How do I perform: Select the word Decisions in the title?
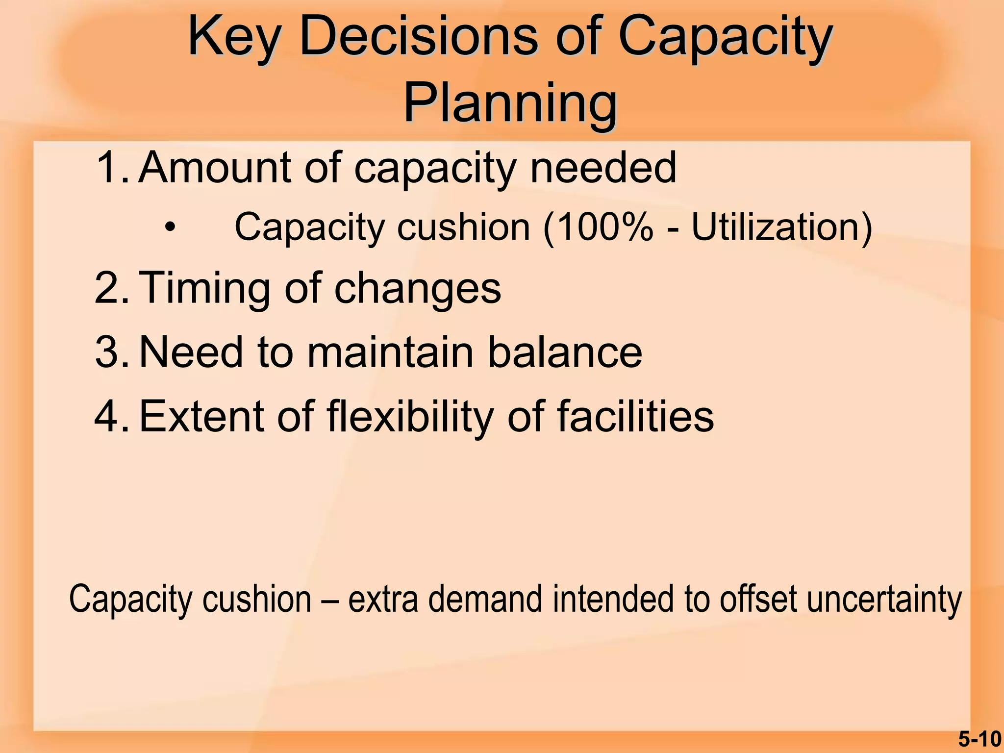pyautogui.click(x=419, y=37)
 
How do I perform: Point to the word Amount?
pyautogui.click(x=215, y=168)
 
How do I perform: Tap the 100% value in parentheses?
pyautogui.click(x=606, y=227)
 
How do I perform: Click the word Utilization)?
pyautogui.click(x=781, y=227)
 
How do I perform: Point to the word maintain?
pyautogui.click(x=390, y=352)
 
